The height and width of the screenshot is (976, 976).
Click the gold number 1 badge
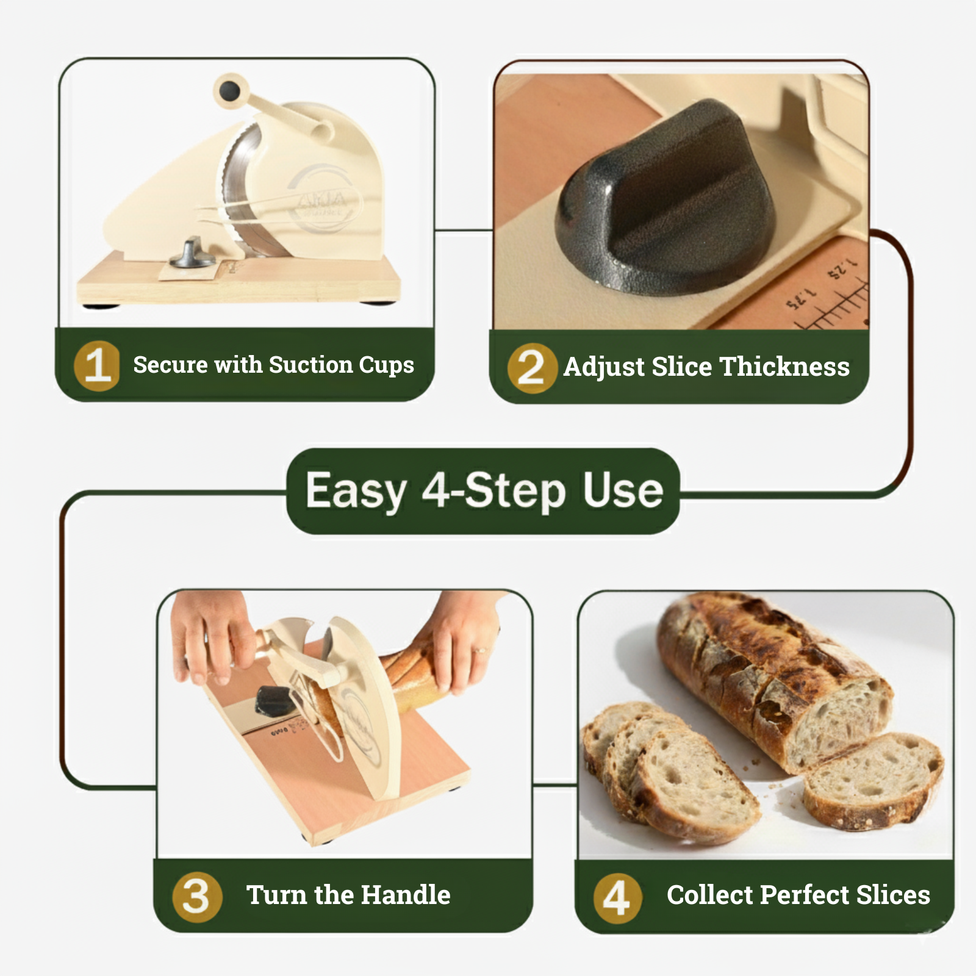pyautogui.click(x=97, y=365)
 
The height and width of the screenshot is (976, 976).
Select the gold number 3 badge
pyautogui.click(x=197, y=897)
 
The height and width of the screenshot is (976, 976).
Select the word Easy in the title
pyautogui.click(x=356, y=491)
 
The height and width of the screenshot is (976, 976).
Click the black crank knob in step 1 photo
pyautogui.click(x=230, y=91)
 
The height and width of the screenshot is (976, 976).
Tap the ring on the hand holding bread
pyautogui.click(x=480, y=650)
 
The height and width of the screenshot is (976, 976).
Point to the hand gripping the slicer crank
pyautogui.click(x=210, y=640)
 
